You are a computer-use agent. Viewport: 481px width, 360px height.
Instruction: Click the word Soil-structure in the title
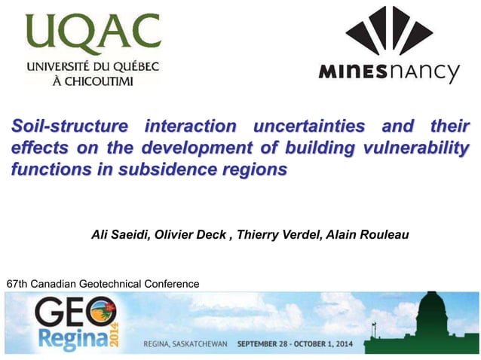(x=69, y=125)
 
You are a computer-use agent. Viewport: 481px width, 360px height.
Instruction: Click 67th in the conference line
(x=17, y=284)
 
